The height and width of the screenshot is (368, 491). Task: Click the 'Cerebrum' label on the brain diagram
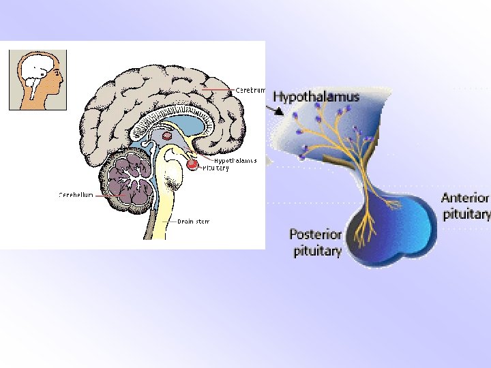(x=250, y=89)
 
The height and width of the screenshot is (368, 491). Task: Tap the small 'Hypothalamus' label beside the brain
(x=235, y=161)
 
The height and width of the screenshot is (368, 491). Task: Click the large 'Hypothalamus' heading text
(x=316, y=97)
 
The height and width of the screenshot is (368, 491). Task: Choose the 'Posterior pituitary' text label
(x=315, y=243)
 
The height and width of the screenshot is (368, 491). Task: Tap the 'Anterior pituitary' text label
(x=466, y=206)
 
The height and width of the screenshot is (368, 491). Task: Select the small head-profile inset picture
(x=38, y=79)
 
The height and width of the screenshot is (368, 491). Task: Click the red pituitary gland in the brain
(x=193, y=164)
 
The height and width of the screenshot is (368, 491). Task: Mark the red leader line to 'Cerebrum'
(x=218, y=89)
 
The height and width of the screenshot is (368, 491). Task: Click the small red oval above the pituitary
(x=166, y=136)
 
